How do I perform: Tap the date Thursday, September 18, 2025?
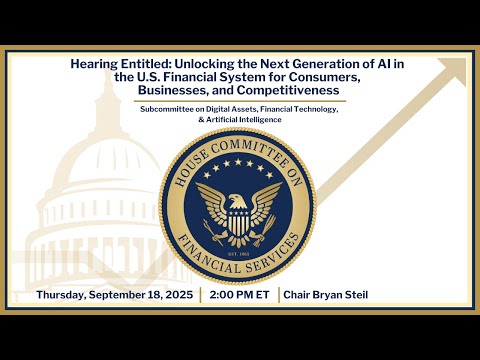pyautogui.click(x=114, y=295)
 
